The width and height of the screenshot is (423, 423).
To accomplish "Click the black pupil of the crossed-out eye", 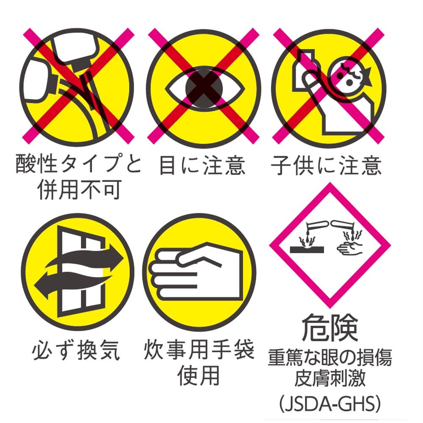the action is click(x=204, y=88).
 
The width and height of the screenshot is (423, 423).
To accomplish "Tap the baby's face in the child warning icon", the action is click(x=348, y=76).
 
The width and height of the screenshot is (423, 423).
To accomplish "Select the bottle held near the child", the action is click(x=303, y=70).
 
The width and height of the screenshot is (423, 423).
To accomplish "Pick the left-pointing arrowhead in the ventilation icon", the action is click(x=42, y=286).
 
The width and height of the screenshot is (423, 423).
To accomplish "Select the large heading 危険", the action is click(x=330, y=328).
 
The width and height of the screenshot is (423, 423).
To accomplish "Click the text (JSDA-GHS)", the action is click(x=330, y=404).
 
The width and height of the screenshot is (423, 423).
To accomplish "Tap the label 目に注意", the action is click(x=202, y=165).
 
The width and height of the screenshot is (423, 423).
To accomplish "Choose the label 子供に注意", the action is click(x=327, y=165).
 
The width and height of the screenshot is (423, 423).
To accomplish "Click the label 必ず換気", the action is click(x=76, y=350).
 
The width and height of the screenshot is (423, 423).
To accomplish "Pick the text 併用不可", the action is click(x=80, y=190).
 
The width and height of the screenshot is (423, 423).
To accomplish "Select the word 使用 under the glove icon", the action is click(x=199, y=375).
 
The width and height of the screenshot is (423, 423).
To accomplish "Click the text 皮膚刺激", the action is click(x=330, y=378).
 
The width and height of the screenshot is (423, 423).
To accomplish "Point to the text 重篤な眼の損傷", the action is click(x=330, y=357).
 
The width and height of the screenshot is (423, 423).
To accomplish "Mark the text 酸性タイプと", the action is click(x=79, y=164).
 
